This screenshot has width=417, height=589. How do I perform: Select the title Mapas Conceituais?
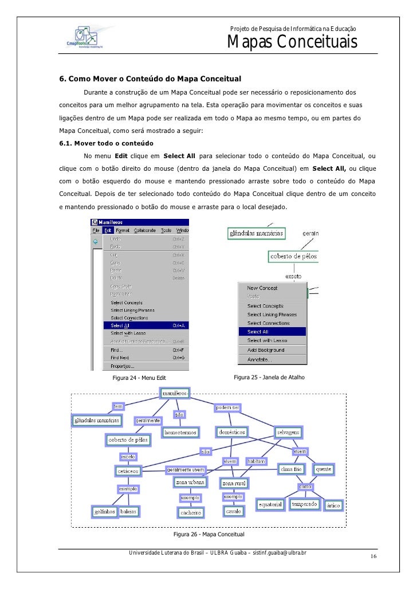tap(292, 42)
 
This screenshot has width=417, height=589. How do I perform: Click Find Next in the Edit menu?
tap(121, 358)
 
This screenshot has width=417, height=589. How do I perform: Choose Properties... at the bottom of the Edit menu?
tap(123, 366)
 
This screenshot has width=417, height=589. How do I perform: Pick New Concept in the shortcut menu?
tap(262, 288)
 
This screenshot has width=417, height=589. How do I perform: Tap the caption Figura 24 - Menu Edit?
tap(139, 378)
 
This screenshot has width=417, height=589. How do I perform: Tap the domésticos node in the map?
tap(231, 431)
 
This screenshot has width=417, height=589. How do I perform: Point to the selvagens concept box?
tap(289, 432)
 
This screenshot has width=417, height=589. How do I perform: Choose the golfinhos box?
tap(104, 511)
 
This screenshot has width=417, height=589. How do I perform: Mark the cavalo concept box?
tap(233, 511)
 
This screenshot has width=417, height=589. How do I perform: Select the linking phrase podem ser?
tap(227, 407)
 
